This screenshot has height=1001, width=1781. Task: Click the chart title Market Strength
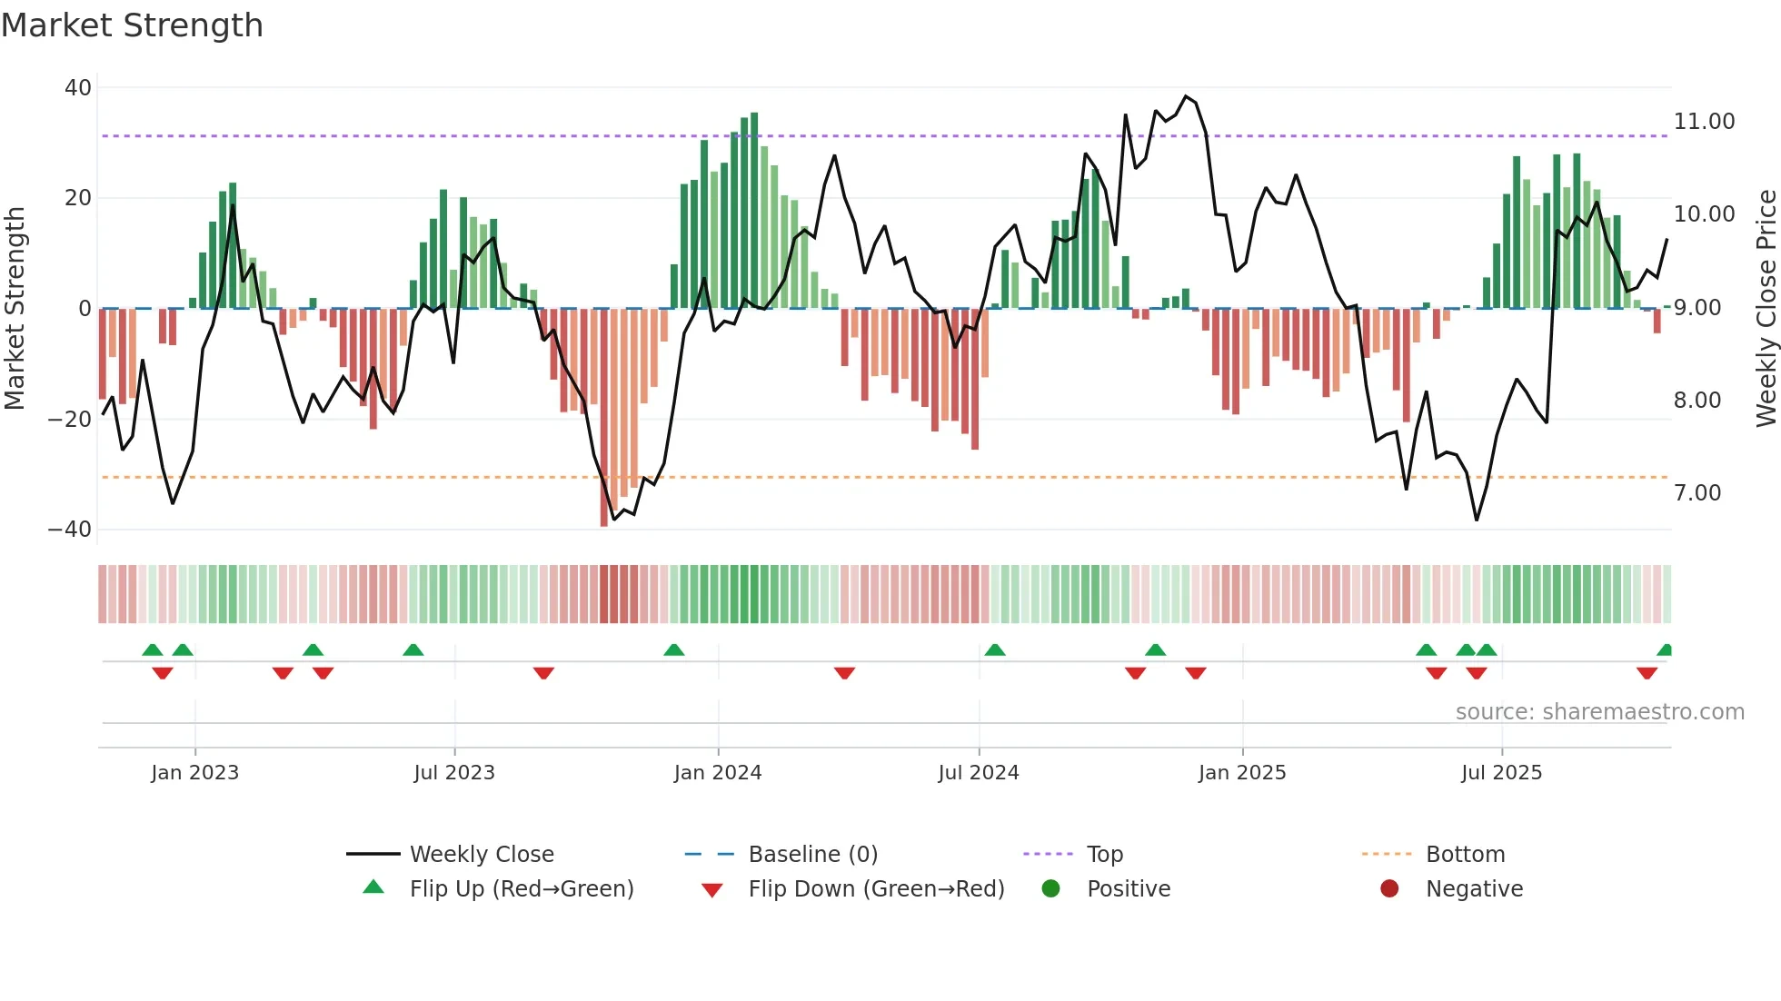132,25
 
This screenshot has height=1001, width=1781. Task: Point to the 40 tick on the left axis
78,88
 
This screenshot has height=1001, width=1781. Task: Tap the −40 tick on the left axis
70,530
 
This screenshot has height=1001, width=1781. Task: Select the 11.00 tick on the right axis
1704,122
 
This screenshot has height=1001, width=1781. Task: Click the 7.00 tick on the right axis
1697,493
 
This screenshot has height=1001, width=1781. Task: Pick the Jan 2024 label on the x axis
717,773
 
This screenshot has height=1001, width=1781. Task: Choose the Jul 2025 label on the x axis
1501,773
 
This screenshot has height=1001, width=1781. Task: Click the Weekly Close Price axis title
1766,308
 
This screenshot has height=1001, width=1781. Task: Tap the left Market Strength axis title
15,308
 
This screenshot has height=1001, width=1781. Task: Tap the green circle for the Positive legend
1050,888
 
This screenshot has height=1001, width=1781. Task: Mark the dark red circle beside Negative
1389,888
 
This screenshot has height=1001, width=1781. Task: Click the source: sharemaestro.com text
1599,712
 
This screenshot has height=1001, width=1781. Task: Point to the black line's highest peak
1185,96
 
